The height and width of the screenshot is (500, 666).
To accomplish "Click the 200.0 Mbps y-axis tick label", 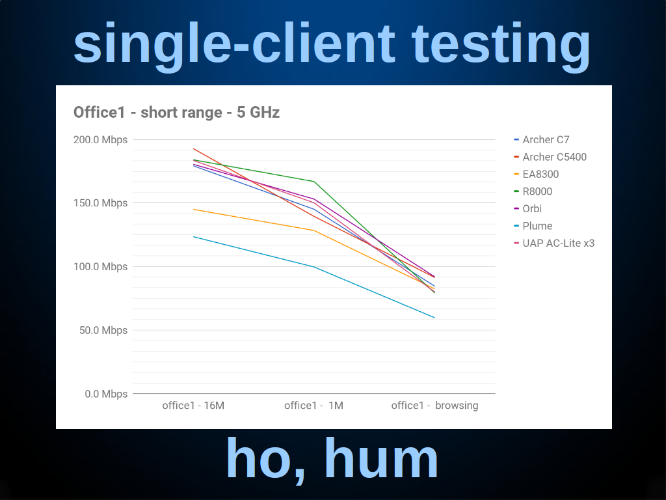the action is click(100, 139).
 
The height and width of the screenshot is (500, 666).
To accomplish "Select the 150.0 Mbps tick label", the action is click(100, 203).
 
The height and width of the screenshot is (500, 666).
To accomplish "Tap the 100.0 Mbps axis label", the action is click(100, 266).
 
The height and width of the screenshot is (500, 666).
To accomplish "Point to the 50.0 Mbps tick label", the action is click(103, 330).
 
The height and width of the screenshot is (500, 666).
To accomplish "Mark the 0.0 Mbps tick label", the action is click(106, 394).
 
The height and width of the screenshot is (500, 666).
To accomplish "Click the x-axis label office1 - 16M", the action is click(193, 406).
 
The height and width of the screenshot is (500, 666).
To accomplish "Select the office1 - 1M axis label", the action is click(314, 406).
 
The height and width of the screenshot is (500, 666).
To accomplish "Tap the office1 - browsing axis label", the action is click(434, 406).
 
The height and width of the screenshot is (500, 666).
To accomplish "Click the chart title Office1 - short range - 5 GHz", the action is click(176, 113).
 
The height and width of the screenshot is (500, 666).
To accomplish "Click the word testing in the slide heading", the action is click(501, 45).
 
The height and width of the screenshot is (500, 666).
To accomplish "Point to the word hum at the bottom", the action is click(381, 459).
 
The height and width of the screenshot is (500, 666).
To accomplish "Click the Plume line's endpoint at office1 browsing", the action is click(434, 318).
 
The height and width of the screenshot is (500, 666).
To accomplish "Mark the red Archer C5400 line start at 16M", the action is click(194, 149).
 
